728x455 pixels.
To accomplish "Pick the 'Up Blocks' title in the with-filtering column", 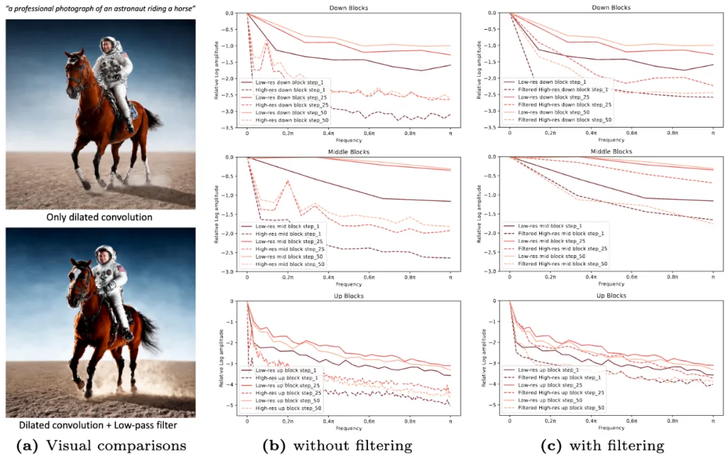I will (611, 296).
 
